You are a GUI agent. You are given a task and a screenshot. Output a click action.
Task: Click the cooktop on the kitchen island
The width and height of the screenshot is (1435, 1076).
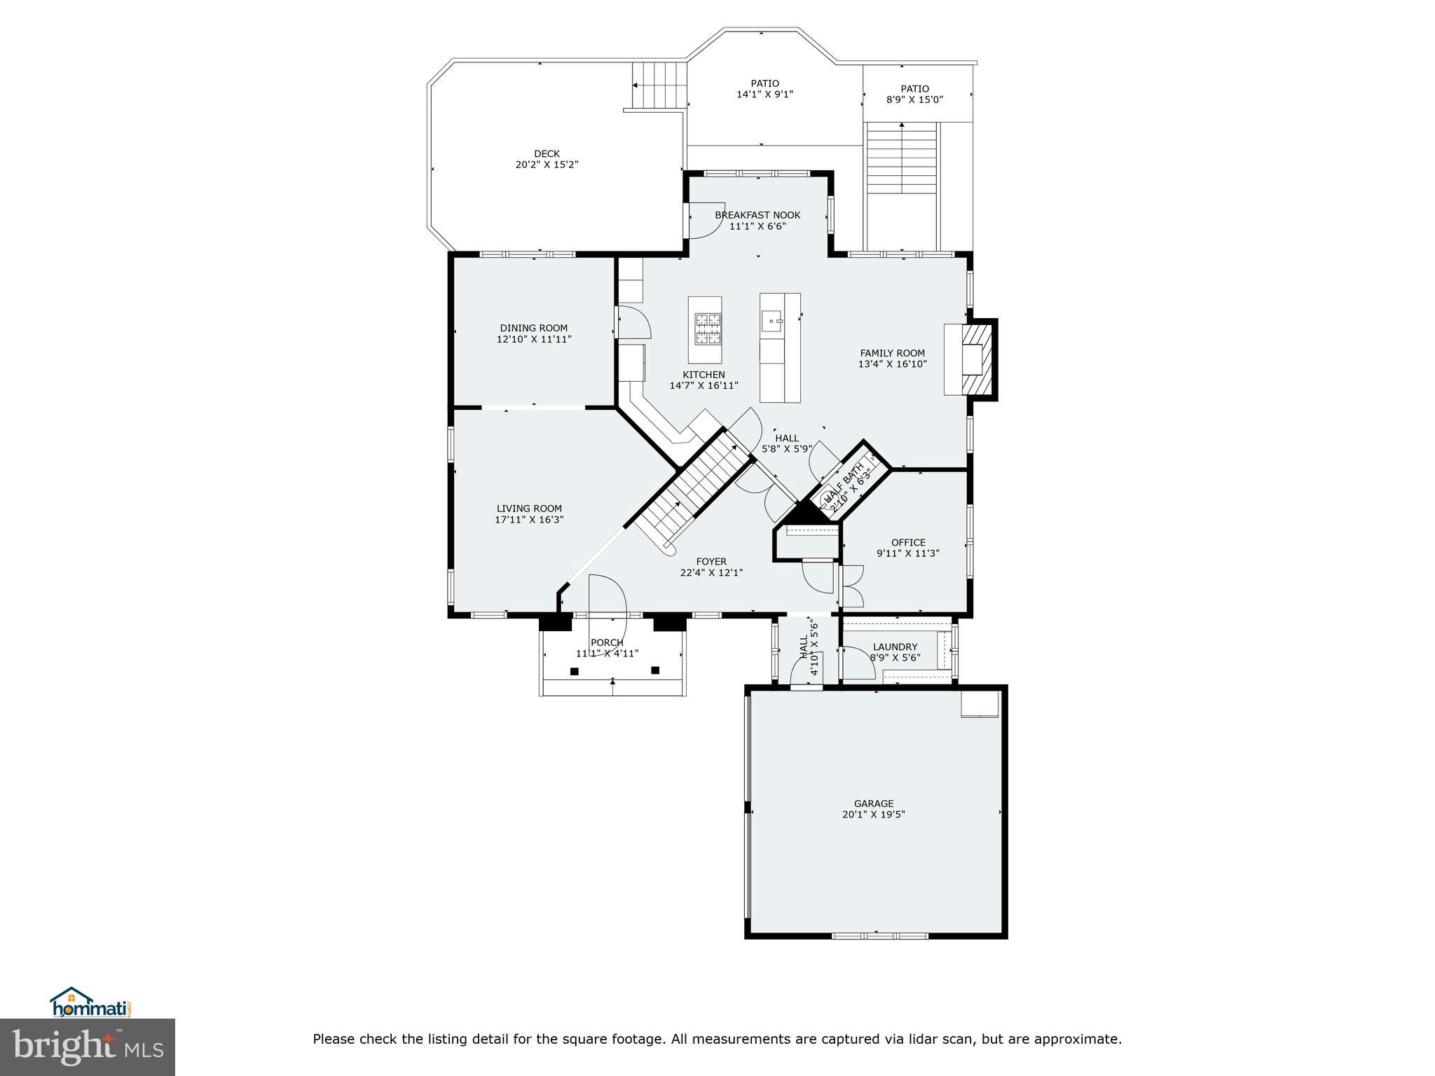click(706, 329)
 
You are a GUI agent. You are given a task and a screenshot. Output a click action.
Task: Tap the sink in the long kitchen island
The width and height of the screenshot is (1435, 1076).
click(772, 322)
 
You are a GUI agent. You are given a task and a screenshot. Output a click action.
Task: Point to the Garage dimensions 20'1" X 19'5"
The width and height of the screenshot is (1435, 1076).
click(874, 815)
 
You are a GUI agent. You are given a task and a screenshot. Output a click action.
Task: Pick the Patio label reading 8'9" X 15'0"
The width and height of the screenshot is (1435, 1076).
click(914, 94)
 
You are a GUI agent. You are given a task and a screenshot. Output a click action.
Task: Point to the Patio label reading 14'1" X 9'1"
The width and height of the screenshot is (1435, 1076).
click(764, 88)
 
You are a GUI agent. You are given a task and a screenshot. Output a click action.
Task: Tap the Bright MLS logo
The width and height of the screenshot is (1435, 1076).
click(88, 1047)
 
